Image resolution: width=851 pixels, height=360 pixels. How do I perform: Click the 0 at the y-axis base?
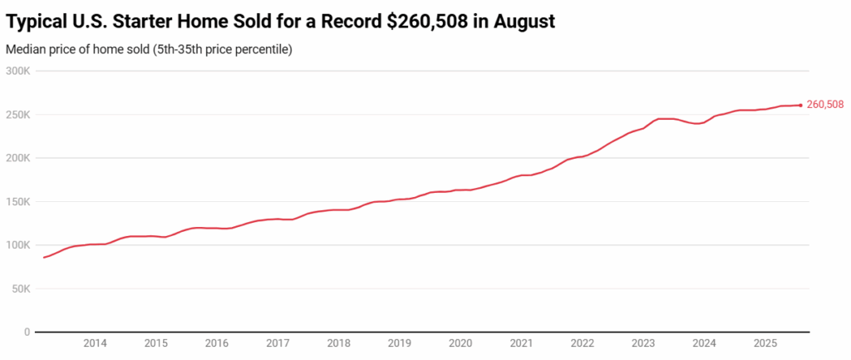coord(27,333)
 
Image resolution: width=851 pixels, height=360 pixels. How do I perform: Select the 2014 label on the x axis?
coord(95,343)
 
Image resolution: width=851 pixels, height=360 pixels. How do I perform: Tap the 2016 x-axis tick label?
coord(216,343)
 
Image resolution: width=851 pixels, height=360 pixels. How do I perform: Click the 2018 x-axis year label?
coord(338,343)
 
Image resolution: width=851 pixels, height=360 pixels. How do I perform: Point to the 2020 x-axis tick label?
coord(460,343)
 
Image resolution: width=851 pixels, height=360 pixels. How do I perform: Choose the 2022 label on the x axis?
coord(582,343)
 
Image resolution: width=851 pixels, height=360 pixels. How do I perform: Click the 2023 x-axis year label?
coord(643,343)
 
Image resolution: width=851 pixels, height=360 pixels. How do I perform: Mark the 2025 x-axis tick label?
coord(765,343)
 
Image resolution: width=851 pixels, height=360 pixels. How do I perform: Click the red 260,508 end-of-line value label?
coord(825,105)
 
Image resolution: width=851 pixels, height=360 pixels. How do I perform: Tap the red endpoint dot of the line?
coord(800,105)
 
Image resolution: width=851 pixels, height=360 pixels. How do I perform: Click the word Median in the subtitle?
coord(26,49)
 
